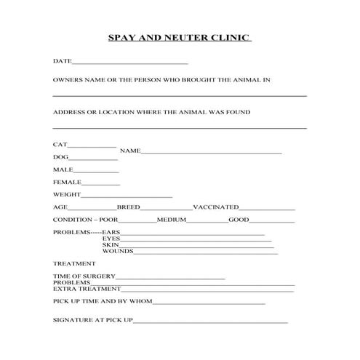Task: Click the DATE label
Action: coord(62,61)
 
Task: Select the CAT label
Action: coord(60,145)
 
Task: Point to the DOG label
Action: coord(60,157)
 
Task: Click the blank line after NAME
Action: coord(211,153)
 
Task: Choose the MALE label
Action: coord(63,169)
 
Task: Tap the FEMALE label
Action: coord(67,182)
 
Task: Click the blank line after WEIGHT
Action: coord(127,196)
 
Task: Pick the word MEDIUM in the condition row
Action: coord(172,220)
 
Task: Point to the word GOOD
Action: coord(239,220)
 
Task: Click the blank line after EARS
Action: coord(192,234)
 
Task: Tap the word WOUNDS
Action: coord(117,251)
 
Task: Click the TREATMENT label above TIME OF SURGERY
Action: coord(74,263)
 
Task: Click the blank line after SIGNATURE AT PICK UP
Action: coord(211,321)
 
